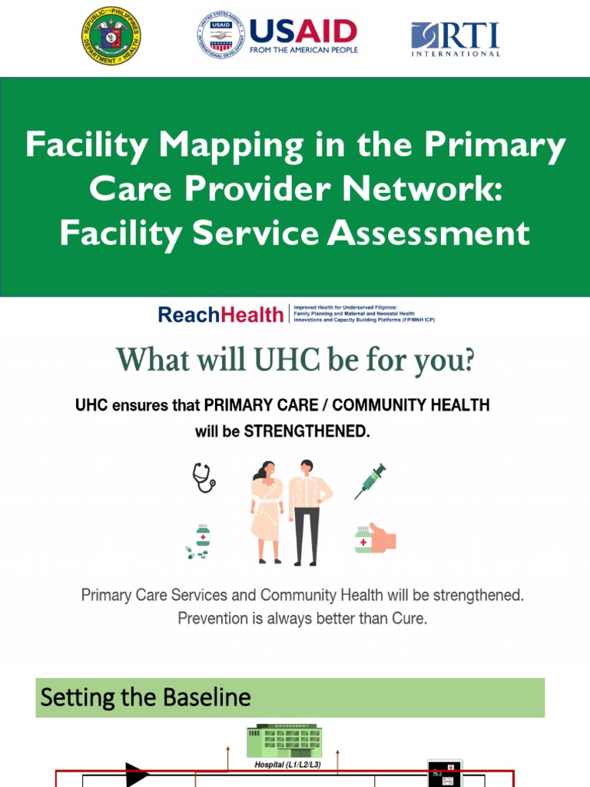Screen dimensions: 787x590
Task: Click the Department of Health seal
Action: pyautogui.click(x=111, y=35)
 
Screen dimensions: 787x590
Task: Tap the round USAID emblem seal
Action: pyautogui.click(x=220, y=36)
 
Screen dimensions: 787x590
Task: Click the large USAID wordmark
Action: pyautogui.click(x=303, y=32)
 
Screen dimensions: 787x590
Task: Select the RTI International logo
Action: pyautogui.click(x=456, y=38)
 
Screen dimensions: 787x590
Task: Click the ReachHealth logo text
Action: pyautogui.click(x=220, y=314)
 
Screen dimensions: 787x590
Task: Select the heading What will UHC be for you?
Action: pyautogui.click(x=295, y=360)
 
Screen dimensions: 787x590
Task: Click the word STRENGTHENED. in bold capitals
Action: pyautogui.click(x=307, y=431)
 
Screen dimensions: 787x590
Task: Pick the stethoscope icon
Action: pyautogui.click(x=204, y=477)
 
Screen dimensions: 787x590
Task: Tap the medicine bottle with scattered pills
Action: pyautogui.click(x=200, y=540)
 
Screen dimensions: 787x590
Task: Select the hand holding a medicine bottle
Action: pyautogui.click(x=375, y=539)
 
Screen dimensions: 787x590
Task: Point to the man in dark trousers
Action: pyautogui.click(x=309, y=511)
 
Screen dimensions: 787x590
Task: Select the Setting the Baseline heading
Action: pyautogui.click(x=146, y=697)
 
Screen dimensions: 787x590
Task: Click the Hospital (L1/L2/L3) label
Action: pyautogui.click(x=285, y=765)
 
